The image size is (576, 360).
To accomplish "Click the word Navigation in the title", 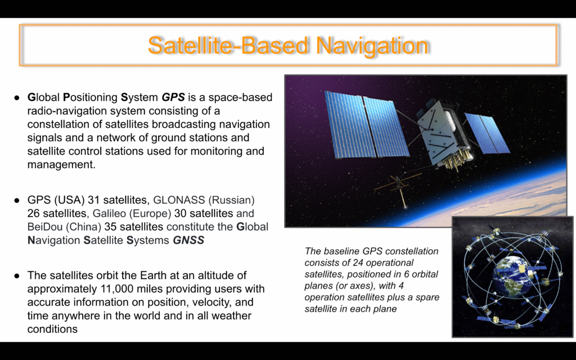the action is tap(372, 46).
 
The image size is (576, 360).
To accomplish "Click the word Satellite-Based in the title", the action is tap(228, 45).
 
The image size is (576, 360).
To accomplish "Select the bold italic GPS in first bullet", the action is tap(173, 97).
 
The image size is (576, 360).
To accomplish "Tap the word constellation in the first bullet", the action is tap(60, 124).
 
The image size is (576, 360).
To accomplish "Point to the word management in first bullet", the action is tap(61, 165).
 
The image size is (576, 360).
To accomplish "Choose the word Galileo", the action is tap(109, 213).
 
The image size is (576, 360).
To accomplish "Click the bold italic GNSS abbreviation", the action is tap(188, 240).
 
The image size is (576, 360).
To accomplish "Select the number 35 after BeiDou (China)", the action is tap(111, 227).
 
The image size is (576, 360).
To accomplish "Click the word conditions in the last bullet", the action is tap(52, 328).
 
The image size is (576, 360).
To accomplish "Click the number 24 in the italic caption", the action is tap(358, 263).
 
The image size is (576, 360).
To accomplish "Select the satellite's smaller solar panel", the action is tap(487, 133).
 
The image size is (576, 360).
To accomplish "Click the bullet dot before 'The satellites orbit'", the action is tap(16, 276).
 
